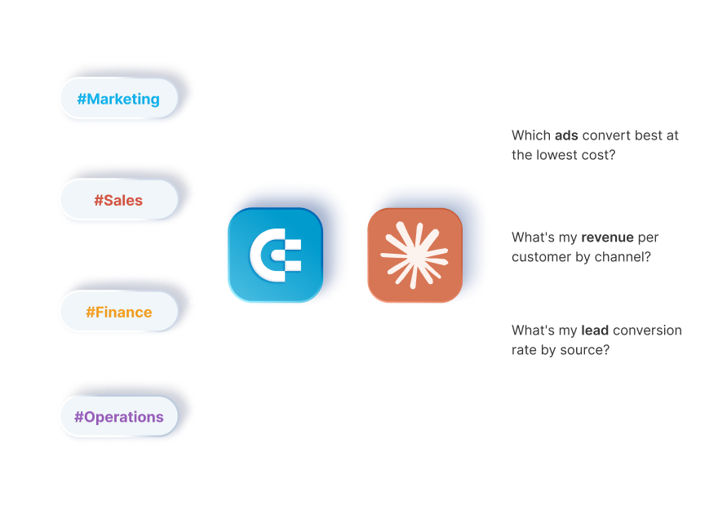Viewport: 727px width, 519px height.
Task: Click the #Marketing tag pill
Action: coord(118,100)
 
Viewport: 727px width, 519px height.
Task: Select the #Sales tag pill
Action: coord(118,200)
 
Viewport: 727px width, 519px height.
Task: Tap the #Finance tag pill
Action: coord(118,312)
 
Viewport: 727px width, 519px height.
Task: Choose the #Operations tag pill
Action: coord(118,416)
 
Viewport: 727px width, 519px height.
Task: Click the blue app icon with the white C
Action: coord(275,255)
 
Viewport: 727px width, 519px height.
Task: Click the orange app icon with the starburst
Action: coord(414,255)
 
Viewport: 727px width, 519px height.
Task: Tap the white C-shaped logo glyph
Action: coord(274,255)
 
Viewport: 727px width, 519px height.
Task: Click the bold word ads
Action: coord(566,135)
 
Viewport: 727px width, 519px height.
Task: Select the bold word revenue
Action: coord(607,237)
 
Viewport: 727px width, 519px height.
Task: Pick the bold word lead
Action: coord(594,330)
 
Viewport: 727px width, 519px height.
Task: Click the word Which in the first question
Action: coord(530,135)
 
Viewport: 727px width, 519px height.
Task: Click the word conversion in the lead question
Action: coord(647,330)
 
